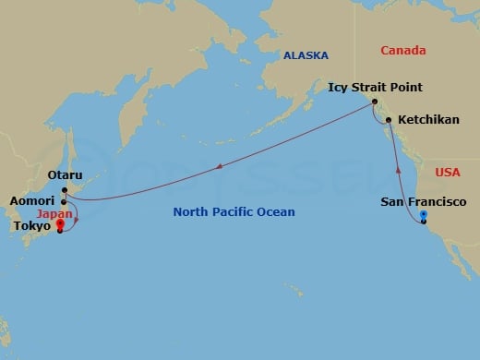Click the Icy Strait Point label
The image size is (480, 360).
point(375,88)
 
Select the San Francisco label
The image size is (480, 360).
point(424,201)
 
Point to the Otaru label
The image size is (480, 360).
point(65,175)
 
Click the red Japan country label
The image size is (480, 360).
point(54,213)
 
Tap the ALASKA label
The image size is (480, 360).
point(306,55)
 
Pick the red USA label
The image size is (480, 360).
point(447,172)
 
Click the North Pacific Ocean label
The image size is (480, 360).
point(234,212)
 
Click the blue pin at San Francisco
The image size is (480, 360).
point(423,216)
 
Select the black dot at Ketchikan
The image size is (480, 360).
point(389,120)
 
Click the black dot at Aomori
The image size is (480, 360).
point(64,201)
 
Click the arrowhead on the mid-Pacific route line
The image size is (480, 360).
point(220,167)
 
